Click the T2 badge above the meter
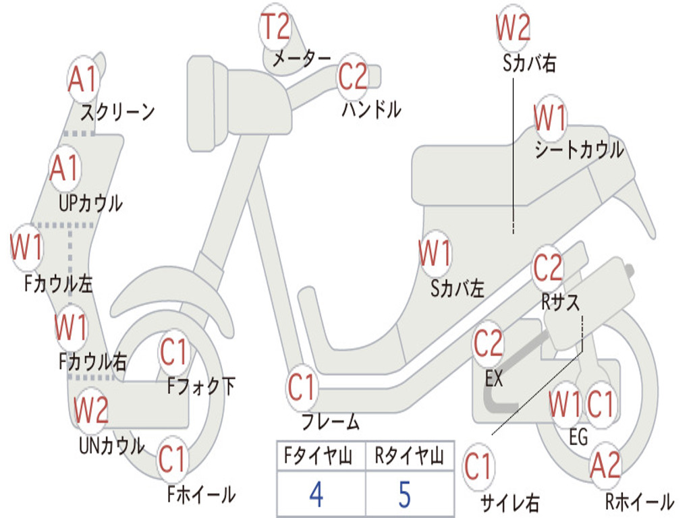coord(275,26)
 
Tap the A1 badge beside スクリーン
coord(82,80)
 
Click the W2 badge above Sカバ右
coord(513,27)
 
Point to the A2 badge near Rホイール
coord(605,465)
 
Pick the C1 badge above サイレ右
coord(478,467)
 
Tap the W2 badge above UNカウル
coord(91,409)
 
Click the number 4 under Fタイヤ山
coord(316,494)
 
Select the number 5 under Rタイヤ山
coord(405,494)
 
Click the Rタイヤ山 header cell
coord(410,456)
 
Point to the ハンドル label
coord(372,109)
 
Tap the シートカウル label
coord(580,150)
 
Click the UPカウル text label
coord(91,204)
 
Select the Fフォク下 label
coord(201,386)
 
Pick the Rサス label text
coord(560,302)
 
